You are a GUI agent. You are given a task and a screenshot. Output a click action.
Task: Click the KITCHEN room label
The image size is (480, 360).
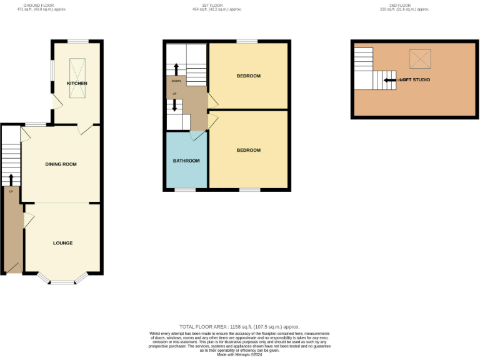[77, 83]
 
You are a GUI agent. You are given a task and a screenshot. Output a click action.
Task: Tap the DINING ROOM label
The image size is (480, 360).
[61, 164]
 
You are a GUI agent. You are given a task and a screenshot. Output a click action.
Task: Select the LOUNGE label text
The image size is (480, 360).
[62, 243]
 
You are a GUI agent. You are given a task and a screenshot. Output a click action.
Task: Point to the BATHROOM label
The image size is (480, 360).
[186, 161]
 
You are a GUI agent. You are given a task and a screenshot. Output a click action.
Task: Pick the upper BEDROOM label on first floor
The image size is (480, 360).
[248, 76]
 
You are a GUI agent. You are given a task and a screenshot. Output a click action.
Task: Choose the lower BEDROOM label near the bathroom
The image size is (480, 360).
[248, 150]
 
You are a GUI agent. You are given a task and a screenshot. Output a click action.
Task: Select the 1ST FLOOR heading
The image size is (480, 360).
[217, 6]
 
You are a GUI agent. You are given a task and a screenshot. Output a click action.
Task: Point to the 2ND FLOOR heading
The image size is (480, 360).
[405, 6]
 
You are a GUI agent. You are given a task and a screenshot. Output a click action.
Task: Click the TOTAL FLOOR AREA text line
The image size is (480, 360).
[239, 327]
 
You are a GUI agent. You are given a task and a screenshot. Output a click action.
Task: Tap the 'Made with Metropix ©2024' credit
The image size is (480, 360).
[239, 355]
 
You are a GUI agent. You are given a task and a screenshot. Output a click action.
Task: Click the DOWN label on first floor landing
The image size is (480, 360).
[176, 81]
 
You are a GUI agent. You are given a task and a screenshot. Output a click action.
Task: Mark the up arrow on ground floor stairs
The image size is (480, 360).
[11, 179]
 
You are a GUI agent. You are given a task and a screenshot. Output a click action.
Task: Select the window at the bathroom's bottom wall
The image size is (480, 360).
[185, 189]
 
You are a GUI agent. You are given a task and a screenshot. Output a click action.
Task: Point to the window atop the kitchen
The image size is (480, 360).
[77, 41]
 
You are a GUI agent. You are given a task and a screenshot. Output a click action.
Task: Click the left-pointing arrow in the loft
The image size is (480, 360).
[389, 80]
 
